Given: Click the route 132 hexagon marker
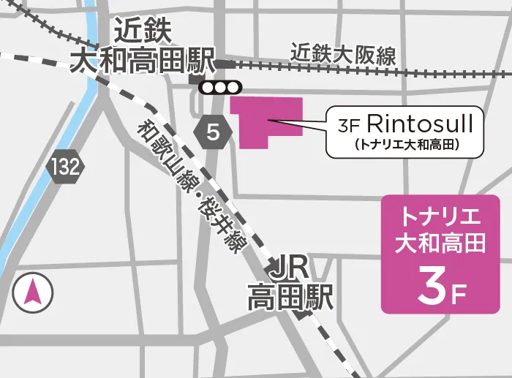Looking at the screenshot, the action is pyautogui.click(x=65, y=167).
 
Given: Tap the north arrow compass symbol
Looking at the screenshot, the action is pyautogui.click(x=32, y=292).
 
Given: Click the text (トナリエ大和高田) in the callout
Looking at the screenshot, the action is pyautogui.click(x=405, y=145).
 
